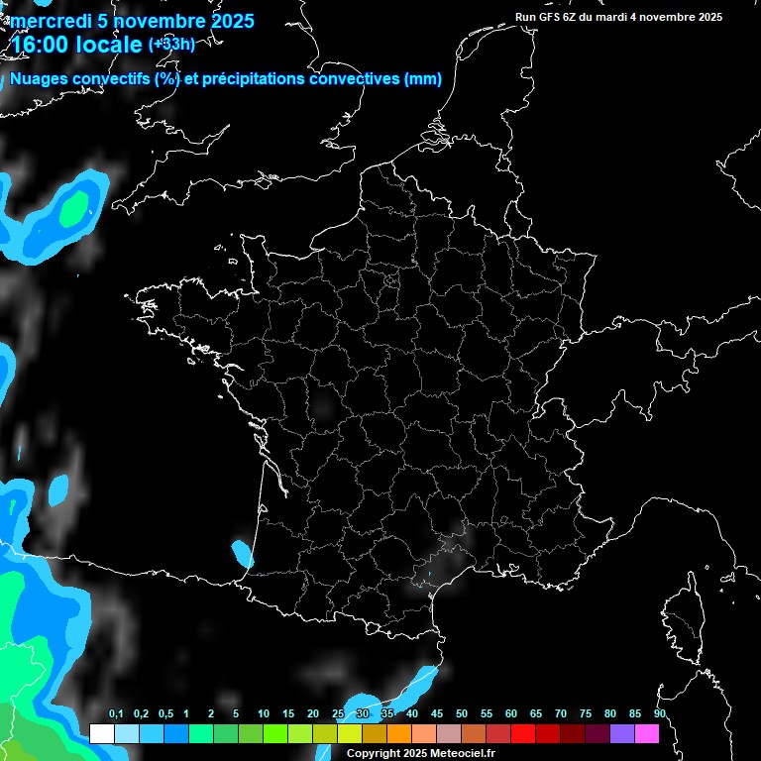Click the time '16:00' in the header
point(40,44)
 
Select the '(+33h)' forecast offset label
point(171,44)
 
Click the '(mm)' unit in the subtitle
point(423,79)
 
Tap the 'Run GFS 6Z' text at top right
point(549,17)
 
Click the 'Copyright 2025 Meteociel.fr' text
point(420,753)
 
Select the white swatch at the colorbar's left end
point(101,733)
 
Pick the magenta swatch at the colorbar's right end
point(647,733)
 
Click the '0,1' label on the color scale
point(116,714)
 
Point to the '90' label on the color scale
point(659,714)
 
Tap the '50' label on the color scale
point(462,714)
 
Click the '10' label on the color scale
point(263,714)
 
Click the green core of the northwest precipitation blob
point(73,208)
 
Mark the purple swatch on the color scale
point(622,733)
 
